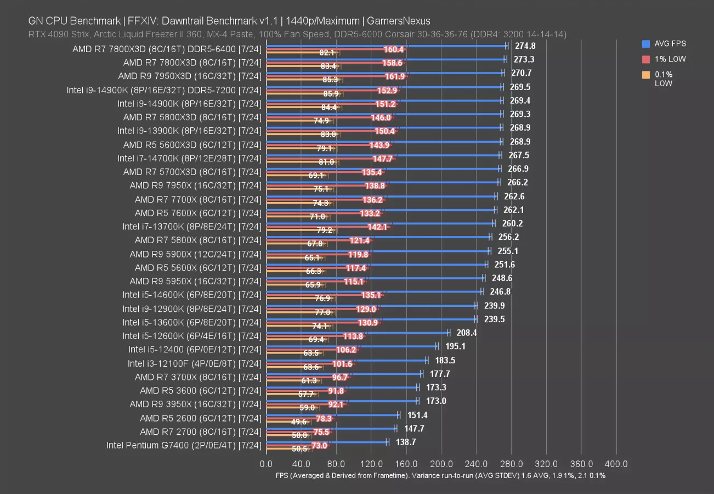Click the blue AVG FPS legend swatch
tap(645, 43)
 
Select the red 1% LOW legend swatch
tap(645, 59)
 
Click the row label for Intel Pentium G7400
tap(184, 445)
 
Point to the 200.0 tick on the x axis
tap(441, 464)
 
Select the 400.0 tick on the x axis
tap(616, 464)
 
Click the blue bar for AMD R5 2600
tap(332, 414)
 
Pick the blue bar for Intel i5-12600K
tap(357, 332)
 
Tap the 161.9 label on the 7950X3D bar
tap(395, 76)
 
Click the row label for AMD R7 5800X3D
tap(192, 117)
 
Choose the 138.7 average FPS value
tap(405, 442)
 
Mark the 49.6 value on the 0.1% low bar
tap(299, 422)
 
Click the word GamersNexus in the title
tap(399, 21)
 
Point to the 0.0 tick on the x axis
tap(266, 464)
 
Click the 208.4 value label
tap(467, 333)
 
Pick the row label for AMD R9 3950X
tap(195, 404)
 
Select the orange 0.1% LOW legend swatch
tap(645, 74)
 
